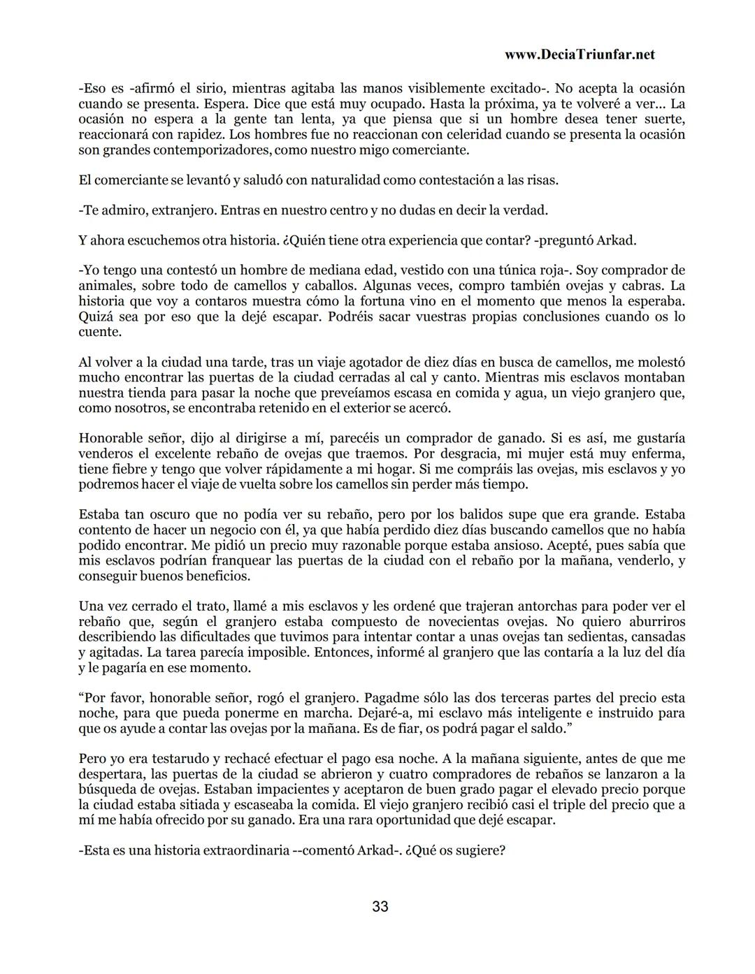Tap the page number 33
(x=380, y=907)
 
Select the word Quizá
(x=96, y=317)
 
